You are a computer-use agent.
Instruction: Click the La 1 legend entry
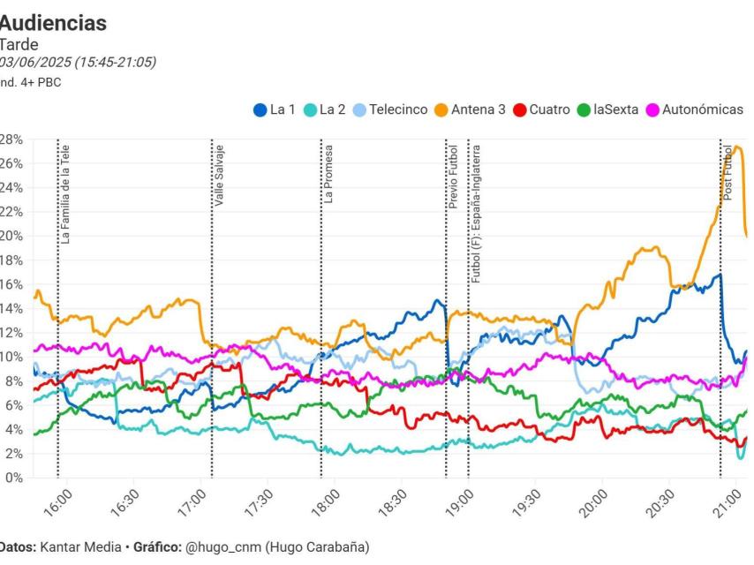[274, 110]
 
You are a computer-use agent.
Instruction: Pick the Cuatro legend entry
[541, 110]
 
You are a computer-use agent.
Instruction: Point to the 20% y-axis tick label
[11, 236]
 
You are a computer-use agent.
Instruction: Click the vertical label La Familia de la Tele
[66, 195]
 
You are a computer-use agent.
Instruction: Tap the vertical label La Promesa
[328, 174]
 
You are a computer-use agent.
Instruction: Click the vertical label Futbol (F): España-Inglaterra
[476, 213]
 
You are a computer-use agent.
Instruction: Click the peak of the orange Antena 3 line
[737, 147]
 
